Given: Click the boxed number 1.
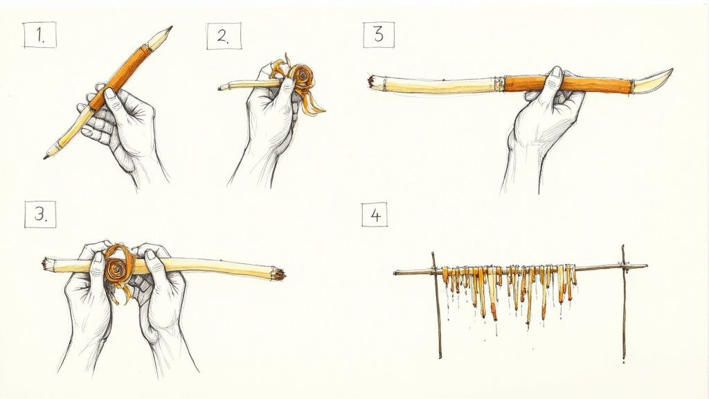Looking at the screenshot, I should (x=39, y=36).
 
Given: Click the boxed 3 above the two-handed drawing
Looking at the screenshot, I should (x=39, y=215).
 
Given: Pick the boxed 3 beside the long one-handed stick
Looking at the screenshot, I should (x=378, y=35).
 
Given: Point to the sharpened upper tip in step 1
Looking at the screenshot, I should (x=166, y=30).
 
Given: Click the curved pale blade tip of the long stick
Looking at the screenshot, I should (x=654, y=79).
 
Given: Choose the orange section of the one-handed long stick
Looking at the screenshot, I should (x=568, y=85).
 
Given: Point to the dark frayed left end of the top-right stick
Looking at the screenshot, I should (x=371, y=81).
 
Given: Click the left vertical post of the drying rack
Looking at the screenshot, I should (x=436, y=305).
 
